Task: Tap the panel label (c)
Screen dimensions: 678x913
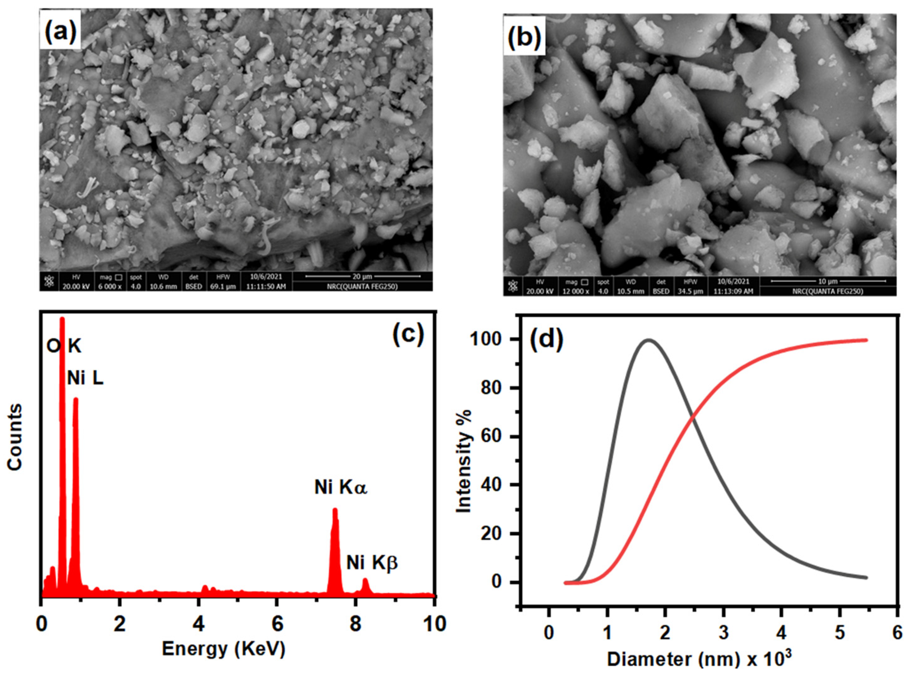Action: pos(408,334)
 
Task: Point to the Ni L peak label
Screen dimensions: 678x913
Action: pos(85,378)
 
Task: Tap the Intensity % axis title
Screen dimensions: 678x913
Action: pos(464,462)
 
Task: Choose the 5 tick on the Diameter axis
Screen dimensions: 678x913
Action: pos(840,633)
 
